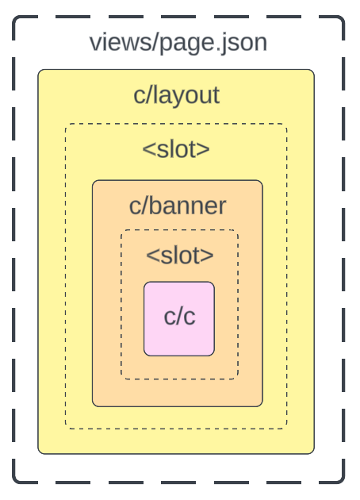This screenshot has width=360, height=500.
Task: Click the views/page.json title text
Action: point(178,41)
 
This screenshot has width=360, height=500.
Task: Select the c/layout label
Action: point(176,95)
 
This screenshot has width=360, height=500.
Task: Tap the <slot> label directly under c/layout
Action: point(176,148)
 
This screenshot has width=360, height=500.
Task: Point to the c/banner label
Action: point(178,206)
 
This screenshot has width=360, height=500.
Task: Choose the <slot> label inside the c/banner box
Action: point(179,255)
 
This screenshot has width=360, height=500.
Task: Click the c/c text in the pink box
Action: point(179,316)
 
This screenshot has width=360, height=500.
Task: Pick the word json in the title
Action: point(242,43)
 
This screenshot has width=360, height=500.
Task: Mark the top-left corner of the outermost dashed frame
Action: point(14,17)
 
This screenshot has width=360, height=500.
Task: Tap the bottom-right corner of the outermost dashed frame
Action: point(344,482)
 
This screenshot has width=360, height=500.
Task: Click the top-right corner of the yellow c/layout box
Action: point(314,70)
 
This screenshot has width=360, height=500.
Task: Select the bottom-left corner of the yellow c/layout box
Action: point(39,453)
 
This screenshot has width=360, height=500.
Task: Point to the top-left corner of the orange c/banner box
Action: point(93,181)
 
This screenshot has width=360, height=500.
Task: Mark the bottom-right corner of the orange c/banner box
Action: point(262,406)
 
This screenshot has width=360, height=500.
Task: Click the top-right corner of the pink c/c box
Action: point(213,283)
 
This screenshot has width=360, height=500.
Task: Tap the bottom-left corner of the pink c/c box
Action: point(144,355)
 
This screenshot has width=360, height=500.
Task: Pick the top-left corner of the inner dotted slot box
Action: point(121,231)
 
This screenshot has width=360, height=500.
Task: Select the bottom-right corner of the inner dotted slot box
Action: point(237,379)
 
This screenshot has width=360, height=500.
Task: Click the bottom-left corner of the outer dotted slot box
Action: point(66,429)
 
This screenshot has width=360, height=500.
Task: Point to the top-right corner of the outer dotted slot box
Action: point(286,124)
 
